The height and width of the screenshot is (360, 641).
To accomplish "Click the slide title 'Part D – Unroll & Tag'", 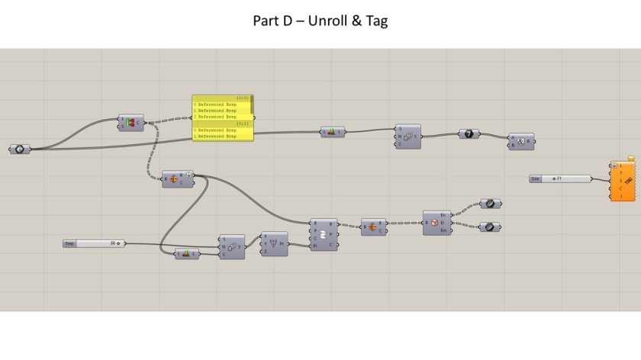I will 320,21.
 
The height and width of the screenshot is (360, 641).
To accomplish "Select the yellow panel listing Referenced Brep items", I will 223,117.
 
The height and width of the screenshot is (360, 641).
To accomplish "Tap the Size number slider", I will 561,178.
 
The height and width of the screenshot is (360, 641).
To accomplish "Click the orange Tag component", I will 623,180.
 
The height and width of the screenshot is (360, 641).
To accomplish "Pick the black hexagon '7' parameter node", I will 469,133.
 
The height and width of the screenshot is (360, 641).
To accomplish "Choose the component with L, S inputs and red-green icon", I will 130,122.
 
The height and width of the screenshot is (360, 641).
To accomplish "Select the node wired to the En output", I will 489,204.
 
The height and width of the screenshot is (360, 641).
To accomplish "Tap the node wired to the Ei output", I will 489,227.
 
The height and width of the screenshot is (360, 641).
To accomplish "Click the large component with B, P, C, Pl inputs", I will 324,234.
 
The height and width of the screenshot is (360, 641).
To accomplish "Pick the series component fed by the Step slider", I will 232,246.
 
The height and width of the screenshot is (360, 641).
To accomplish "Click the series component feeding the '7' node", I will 407,137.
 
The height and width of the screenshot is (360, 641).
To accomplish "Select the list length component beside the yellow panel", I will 332,132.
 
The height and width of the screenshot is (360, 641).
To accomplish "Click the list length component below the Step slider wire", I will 186,254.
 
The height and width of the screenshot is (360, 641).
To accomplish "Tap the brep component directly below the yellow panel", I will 177,179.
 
